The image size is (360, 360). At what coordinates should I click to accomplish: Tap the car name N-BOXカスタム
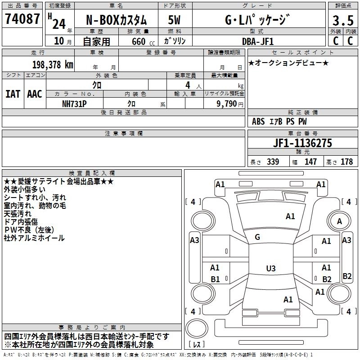[x=116, y=20]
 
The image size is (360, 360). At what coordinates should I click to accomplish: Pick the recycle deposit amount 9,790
[x=227, y=103]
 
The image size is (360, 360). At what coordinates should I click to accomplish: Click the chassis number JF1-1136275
[x=290, y=143]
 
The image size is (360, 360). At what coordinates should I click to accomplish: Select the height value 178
[x=346, y=162]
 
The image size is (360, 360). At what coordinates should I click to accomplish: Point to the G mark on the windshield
[x=257, y=237]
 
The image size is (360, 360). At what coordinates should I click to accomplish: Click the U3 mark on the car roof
[x=270, y=269]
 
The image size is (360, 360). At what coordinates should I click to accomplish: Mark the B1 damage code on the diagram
[x=215, y=279]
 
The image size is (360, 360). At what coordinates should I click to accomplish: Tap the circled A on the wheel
[x=340, y=221]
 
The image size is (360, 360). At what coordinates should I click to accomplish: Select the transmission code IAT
[x=13, y=94]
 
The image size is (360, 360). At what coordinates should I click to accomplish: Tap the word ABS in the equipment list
[x=258, y=121]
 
